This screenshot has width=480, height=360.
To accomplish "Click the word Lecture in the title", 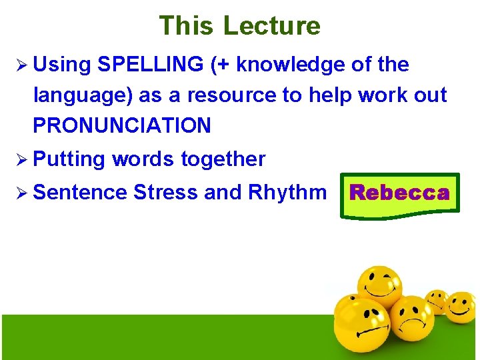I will (x=272, y=25).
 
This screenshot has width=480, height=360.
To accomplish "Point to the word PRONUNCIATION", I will (x=122, y=125).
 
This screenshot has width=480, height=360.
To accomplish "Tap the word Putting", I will (x=69, y=159).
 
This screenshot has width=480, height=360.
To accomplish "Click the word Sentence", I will (x=79, y=193).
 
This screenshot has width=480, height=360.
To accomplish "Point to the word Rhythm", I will (x=287, y=193).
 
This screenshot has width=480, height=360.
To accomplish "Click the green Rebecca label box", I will (x=400, y=194).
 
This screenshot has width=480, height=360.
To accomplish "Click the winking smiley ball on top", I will (x=379, y=285).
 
